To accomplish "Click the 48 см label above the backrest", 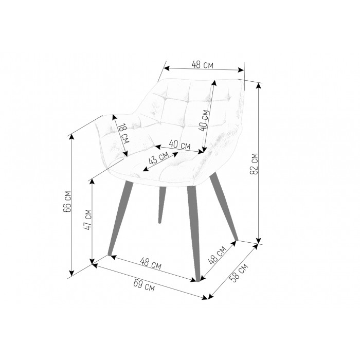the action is point(202,65).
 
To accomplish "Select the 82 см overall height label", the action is point(254,164).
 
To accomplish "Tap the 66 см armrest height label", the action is point(67,202).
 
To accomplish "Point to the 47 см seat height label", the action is point(88,219).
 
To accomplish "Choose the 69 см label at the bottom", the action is point(144,285).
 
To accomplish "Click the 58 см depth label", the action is point(239,273).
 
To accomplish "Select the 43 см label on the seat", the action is point(158,158).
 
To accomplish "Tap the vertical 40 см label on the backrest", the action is point(204,120).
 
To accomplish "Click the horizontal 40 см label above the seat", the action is point(180,145).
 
